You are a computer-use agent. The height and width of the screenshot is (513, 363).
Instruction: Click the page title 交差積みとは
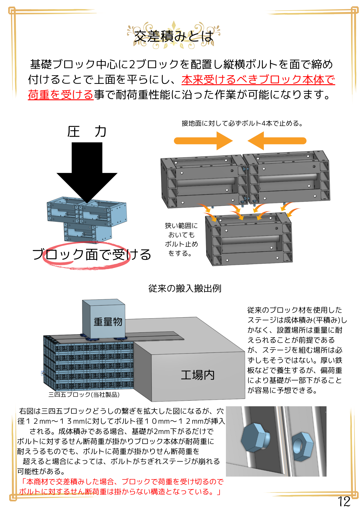[x=174, y=36]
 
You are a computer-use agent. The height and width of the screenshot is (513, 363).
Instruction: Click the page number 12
[x=344, y=502]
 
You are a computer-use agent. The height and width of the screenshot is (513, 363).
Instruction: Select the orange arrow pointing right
[x=203, y=141]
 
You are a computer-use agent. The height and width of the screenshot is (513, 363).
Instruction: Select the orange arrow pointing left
[x=277, y=141]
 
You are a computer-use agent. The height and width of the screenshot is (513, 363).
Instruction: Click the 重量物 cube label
[x=108, y=322]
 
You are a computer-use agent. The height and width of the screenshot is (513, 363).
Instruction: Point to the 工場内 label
[x=198, y=375]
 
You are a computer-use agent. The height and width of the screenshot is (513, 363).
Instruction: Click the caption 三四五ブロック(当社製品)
[x=84, y=394]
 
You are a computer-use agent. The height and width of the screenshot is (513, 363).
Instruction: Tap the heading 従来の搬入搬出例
[x=185, y=289]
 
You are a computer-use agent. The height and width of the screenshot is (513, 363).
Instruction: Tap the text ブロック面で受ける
[x=92, y=254]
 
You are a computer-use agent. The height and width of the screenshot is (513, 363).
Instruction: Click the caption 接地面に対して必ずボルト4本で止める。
[x=242, y=124]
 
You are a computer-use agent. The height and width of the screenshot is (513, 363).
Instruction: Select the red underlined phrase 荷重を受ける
[x=61, y=95]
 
